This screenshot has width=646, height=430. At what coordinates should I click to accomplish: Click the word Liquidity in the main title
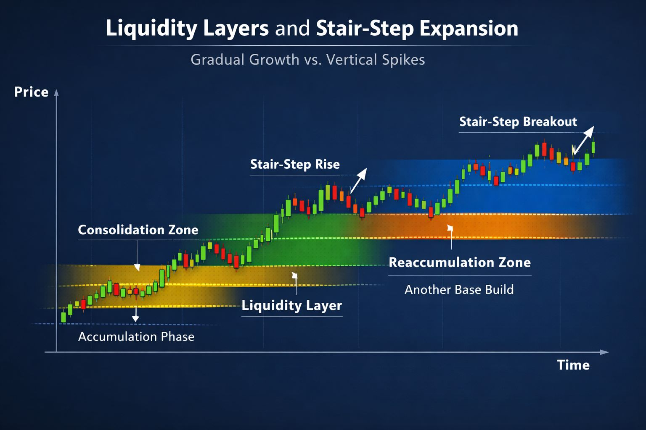click(151, 29)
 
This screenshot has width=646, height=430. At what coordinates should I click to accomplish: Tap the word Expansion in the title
click(469, 29)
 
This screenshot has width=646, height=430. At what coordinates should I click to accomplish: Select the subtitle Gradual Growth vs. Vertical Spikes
click(308, 60)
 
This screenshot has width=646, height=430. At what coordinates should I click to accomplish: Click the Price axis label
click(32, 92)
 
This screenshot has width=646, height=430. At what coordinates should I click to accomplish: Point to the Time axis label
click(573, 365)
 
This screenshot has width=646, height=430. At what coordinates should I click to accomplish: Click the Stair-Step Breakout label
click(518, 121)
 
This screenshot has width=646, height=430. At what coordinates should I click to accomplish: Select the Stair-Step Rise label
click(295, 164)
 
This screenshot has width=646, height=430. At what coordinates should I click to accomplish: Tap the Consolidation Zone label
click(138, 230)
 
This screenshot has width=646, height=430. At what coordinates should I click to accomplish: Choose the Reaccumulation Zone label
click(460, 262)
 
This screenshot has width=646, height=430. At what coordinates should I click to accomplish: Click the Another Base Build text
click(459, 289)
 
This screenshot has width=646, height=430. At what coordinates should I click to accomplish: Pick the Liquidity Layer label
click(291, 306)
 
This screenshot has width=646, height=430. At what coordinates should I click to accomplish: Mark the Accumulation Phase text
click(136, 337)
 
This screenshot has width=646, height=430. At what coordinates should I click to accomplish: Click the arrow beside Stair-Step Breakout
click(583, 141)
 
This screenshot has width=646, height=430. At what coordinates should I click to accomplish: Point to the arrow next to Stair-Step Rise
click(358, 181)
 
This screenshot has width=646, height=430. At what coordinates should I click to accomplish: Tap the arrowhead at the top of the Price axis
click(56, 92)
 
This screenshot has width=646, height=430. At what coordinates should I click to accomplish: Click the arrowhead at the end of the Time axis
click(604, 352)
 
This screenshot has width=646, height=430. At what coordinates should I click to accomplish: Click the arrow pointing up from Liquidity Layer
click(295, 283)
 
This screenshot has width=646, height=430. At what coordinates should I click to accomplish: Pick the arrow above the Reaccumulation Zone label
click(450, 237)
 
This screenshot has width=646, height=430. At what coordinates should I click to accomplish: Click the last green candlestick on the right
click(593, 147)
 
